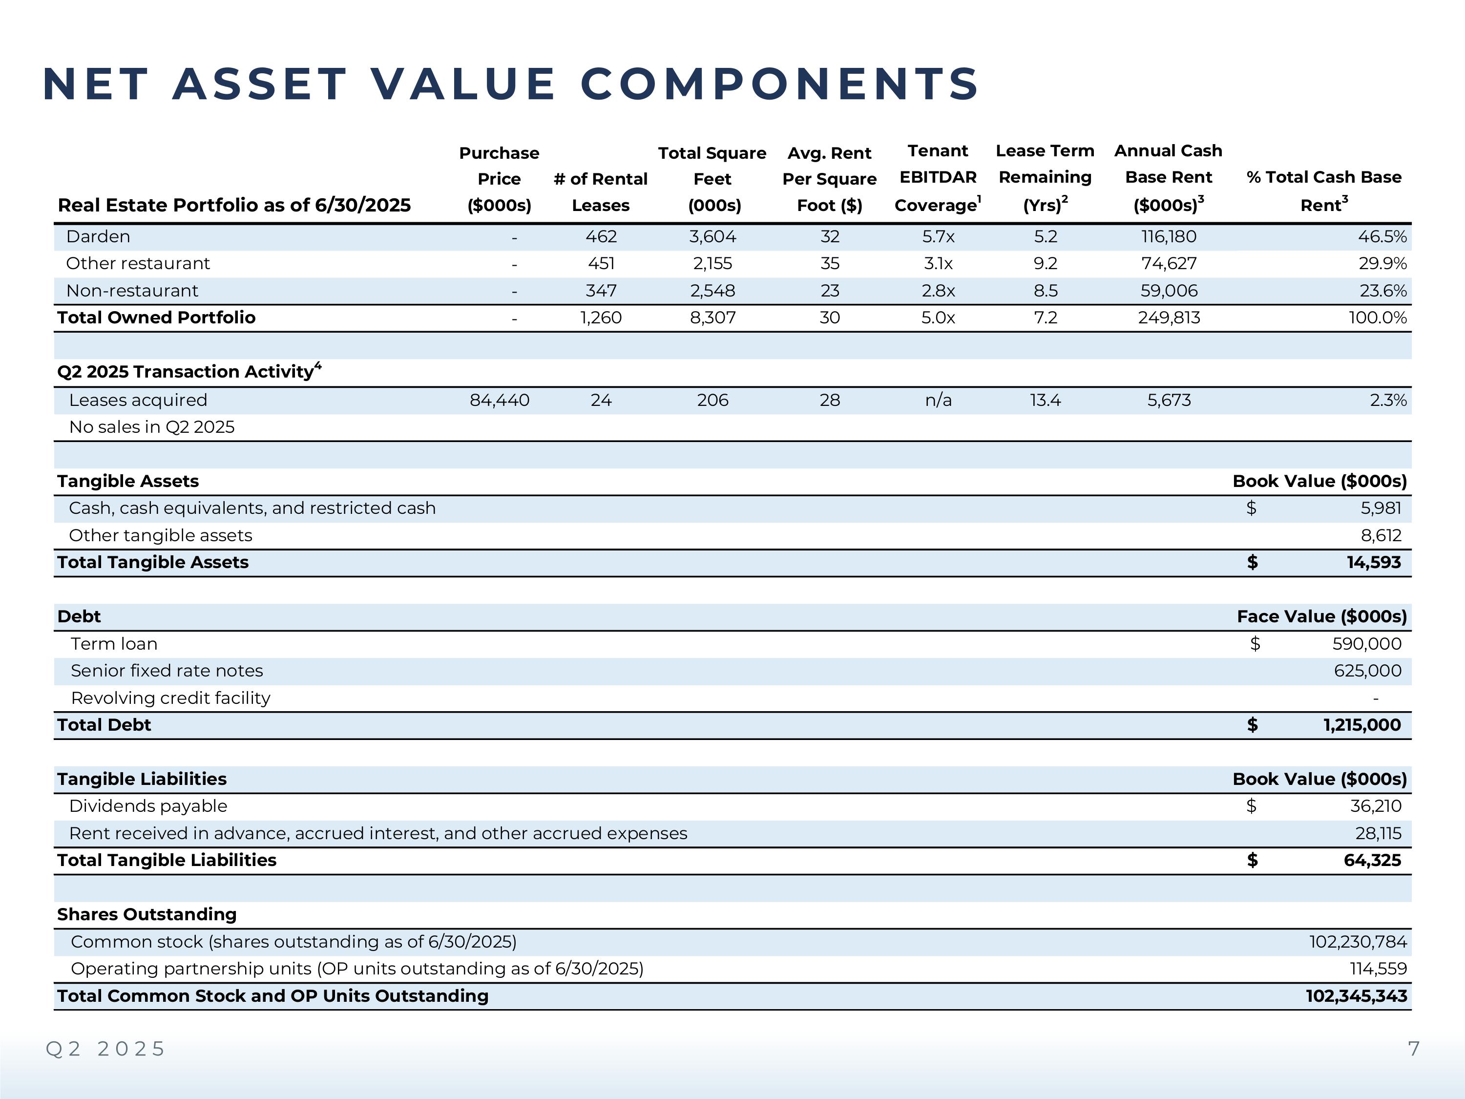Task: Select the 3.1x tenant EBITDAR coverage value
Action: coord(938,264)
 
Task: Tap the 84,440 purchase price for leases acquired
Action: coord(500,400)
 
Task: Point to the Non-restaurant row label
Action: coord(132,291)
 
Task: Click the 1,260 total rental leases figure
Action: coord(601,318)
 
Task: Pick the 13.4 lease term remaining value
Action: coord(1045,400)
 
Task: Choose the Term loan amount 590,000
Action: coord(1366,644)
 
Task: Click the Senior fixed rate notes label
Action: coord(167,671)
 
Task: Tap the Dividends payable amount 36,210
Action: coord(1376,806)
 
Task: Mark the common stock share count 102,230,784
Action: coord(1358,942)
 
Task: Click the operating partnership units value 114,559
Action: coord(1378,969)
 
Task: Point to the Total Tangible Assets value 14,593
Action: coord(1374,562)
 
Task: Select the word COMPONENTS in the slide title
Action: coord(779,84)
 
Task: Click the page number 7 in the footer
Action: coord(1413,1049)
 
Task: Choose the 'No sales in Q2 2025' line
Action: coord(152,427)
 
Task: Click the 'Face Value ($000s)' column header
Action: coord(1321,617)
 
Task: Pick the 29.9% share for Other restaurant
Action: coord(1382,264)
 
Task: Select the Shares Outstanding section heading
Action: coord(146,915)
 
